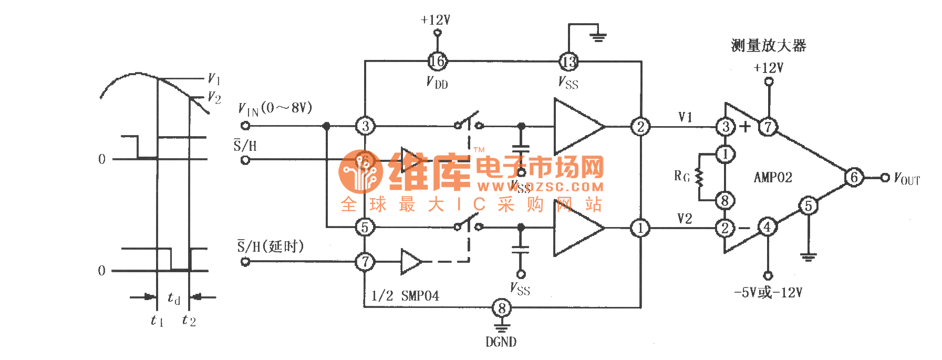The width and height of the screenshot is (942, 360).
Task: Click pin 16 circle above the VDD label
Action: pyautogui.click(x=437, y=61)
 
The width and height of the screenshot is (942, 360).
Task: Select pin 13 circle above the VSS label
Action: pyautogui.click(x=568, y=61)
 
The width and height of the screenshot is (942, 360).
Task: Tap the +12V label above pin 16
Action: pyautogui.click(x=436, y=20)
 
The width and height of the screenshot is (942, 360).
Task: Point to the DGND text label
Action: pyautogui.click(x=501, y=342)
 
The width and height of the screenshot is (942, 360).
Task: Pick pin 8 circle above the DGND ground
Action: pyautogui.click(x=502, y=308)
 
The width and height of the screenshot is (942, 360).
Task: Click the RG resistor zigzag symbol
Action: pyautogui.click(x=699, y=177)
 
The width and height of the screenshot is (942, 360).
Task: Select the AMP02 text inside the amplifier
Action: pyautogui.click(x=773, y=177)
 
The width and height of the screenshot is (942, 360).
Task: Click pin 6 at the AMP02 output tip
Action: pyautogui.click(x=854, y=178)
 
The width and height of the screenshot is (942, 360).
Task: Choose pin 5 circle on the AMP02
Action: pyautogui.click(x=808, y=205)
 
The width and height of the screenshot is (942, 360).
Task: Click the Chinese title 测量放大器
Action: pyautogui.click(x=768, y=46)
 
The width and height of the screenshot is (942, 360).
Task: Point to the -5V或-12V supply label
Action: pyautogui.click(x=768, y=292)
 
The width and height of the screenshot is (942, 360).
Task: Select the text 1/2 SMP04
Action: pyautogui.click(x=405, y=296)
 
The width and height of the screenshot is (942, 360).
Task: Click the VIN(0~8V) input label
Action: pyautogui.click(x=275, y=108)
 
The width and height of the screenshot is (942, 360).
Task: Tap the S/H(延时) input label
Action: pyautogui.click(x=270, y=246)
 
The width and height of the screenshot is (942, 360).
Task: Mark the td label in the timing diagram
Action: pyautogui.click(x=174, y=298)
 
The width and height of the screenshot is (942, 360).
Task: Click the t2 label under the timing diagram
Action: pyautogui.click(x=189, y=320)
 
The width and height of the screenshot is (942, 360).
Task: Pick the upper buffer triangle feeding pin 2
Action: pyautogui.click(x=577, y=127)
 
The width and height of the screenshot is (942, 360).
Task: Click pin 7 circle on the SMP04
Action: pyautogui.click(x=365, y=261)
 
